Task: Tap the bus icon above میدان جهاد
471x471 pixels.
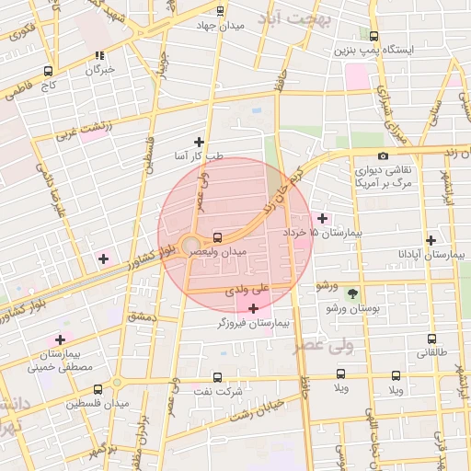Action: (x=219, y=11)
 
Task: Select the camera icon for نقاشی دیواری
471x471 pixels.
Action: (x=383, y=156)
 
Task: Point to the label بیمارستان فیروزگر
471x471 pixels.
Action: (x=253, y=323)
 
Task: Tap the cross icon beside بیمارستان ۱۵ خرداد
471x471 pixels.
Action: (x=322, y=218)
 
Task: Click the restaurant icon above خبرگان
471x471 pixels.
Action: (x=99, y=55)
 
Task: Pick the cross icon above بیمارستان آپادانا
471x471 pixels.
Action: (x=430, y=239)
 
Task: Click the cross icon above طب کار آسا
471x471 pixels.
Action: (x=199, y=142)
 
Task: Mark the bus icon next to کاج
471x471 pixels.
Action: (x=48, y=70)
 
